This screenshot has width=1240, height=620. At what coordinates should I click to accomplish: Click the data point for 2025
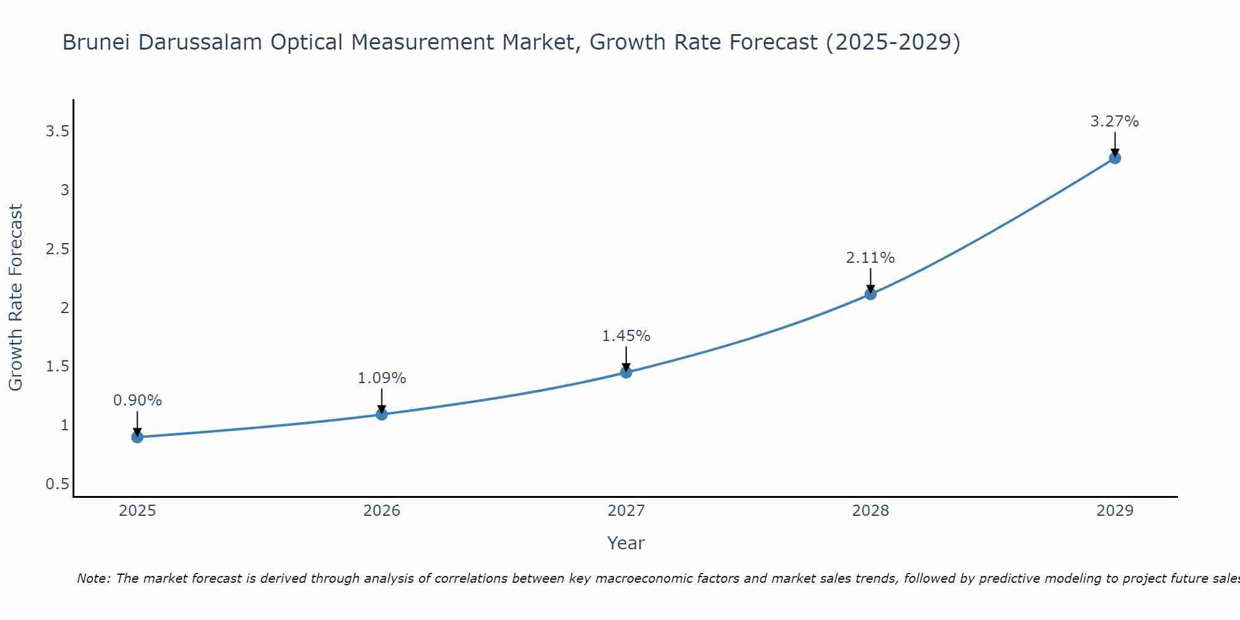(x=137, y=437)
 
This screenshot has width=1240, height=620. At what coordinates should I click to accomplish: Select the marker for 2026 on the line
(x=382, y=414)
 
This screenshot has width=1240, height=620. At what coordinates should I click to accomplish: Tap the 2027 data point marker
(x=626, y=372)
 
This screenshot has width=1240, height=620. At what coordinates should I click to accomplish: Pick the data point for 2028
(x=870, y=294)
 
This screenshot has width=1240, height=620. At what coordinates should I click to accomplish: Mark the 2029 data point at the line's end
(x=1115, y=158)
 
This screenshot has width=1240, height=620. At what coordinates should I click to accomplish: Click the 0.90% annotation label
(x=137, y=401)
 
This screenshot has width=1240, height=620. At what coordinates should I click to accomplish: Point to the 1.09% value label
(x=382, y=378)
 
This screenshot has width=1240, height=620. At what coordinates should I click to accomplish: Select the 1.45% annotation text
(x=626, y=336)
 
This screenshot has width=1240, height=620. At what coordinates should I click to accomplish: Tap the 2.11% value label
(x=870, y=258)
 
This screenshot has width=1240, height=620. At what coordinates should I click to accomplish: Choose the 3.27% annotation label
(x=1115, y=122)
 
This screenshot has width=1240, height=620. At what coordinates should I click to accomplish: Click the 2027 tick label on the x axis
(x=626, y=511)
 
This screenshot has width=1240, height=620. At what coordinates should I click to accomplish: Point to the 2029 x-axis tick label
(x=1115, y=511)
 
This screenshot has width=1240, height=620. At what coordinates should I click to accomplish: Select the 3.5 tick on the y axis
(x=58, y=131)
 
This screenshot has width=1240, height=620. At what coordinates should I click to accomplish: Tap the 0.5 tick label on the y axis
(x=58, y=484)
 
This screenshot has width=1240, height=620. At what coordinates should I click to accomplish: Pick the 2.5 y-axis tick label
(x=58, y=249)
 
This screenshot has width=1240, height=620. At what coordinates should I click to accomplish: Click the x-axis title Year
(x=626, y=543)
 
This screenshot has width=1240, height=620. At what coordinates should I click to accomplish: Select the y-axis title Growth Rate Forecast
(x=16, y=298)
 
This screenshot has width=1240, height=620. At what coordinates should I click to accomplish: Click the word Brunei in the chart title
(x=97, y=43)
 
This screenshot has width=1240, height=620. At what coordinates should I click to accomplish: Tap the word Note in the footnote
(x=93, y=578)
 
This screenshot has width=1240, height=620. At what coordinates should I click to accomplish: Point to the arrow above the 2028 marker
(x=870, y=280)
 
